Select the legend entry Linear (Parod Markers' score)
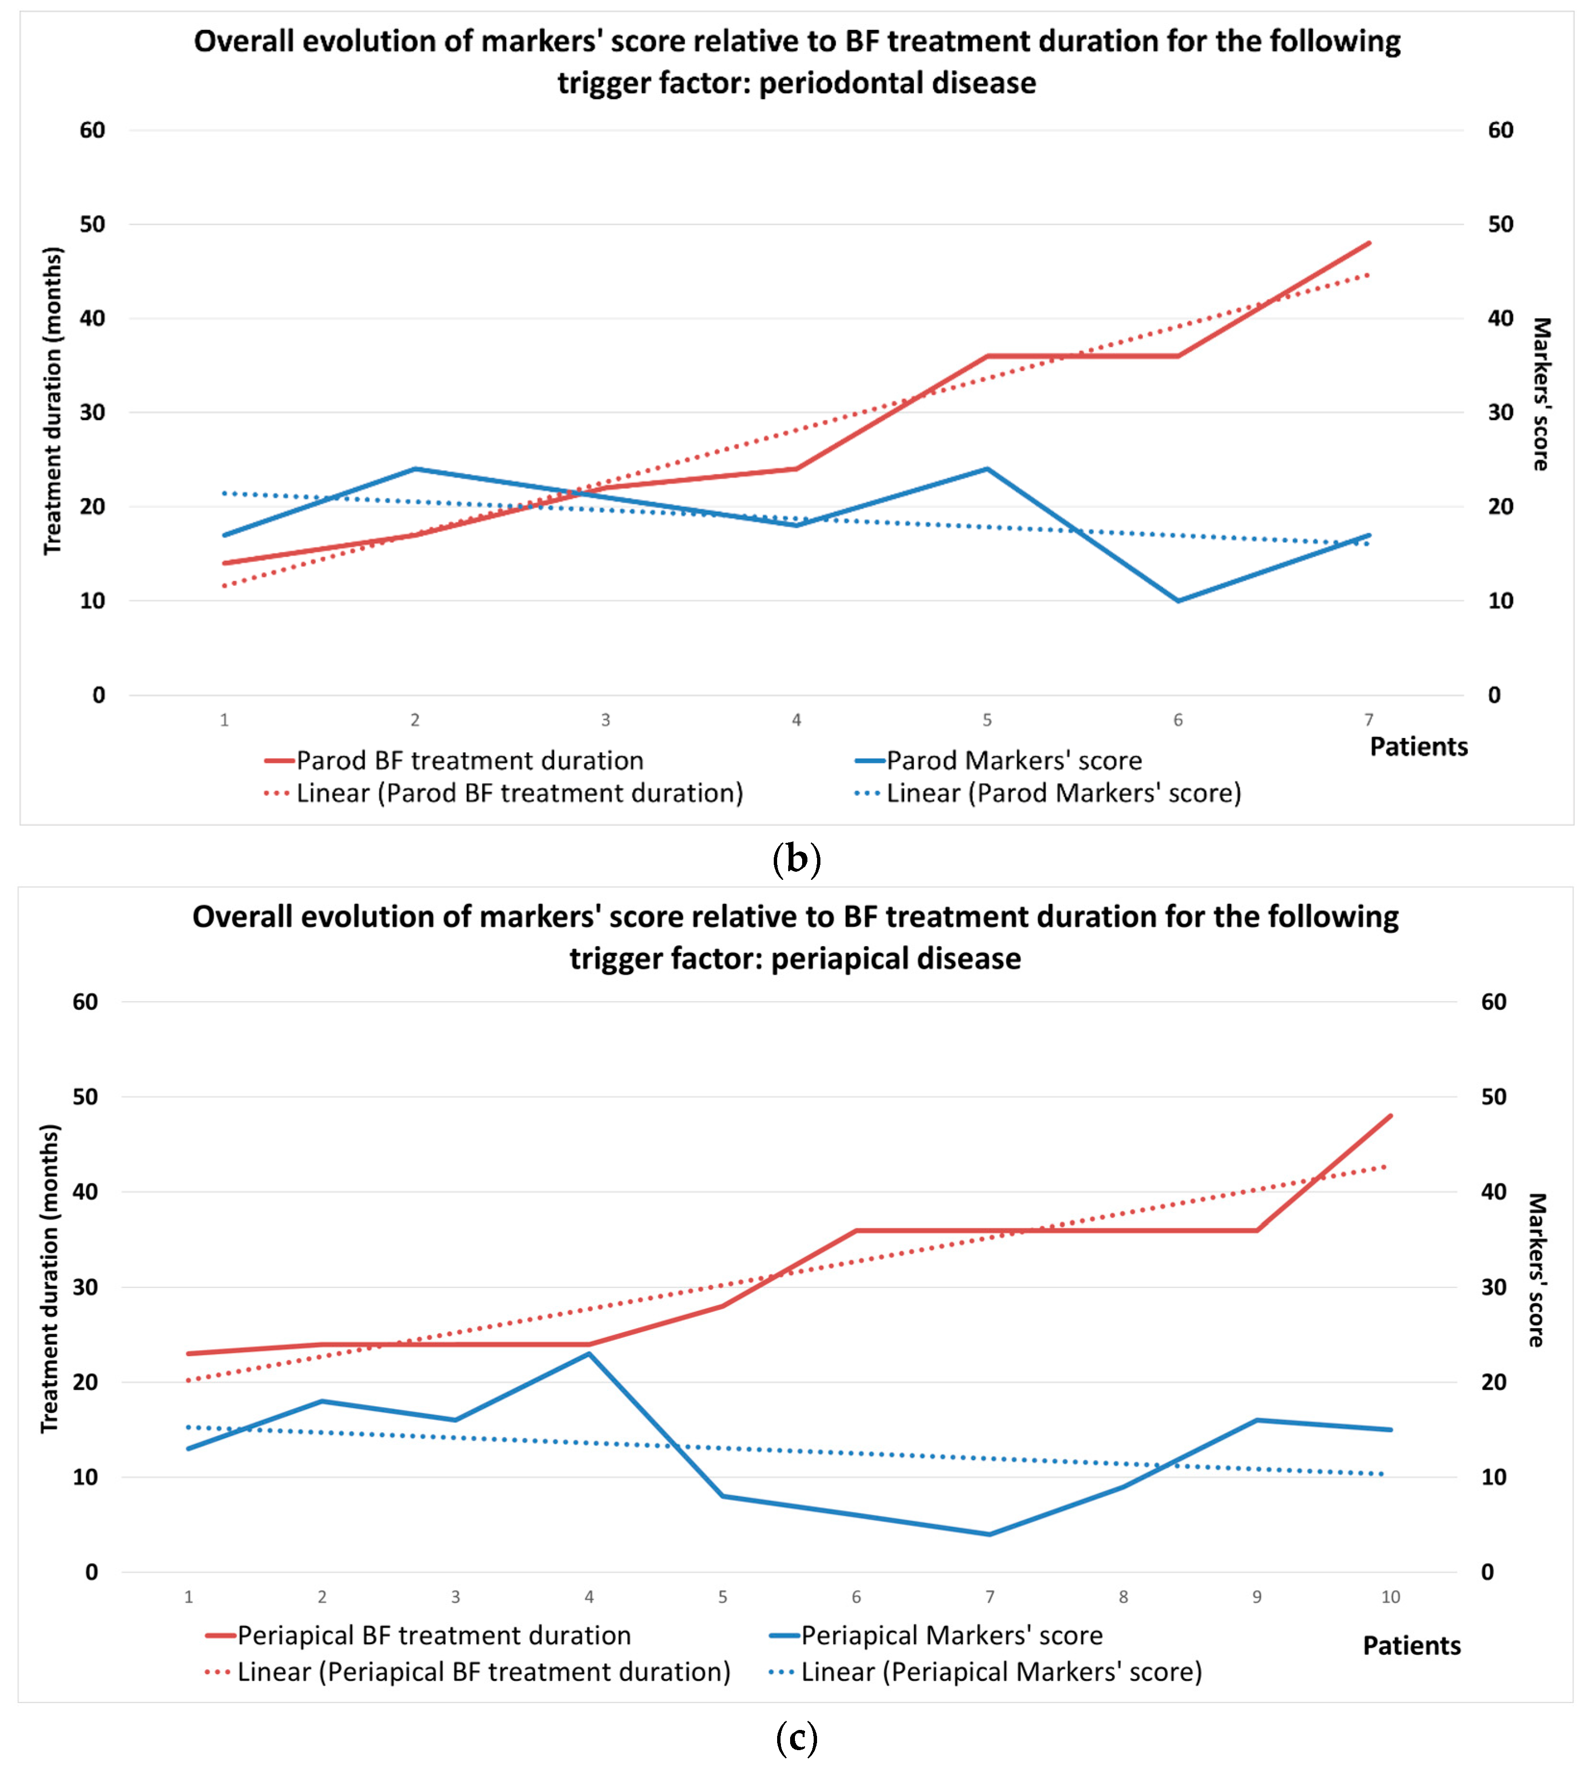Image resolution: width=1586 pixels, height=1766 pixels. (x=1063, y=793)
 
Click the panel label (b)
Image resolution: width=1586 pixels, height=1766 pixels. (x=796, y=860)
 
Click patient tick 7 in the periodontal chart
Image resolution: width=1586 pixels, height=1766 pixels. (x=1368, y=720)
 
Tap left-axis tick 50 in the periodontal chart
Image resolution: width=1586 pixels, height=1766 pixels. (x=92, y=224)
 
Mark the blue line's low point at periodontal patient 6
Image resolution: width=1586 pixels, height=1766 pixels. (x=1178, y=600)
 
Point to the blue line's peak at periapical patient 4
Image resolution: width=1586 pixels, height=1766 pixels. (x=589, y=1354)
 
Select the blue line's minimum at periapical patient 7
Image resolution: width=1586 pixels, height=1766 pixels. (x=990, y=1534)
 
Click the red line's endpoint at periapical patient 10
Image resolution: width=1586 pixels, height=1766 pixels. (x=1391, y=1116)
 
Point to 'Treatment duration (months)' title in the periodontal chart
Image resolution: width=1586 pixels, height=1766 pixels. (x=53, y=401)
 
